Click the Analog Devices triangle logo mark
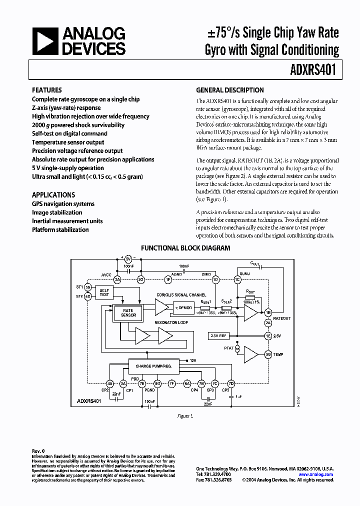point(44,41)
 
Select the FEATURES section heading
point(47,90)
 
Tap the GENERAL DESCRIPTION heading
point(229,90)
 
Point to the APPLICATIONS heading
point(53,195)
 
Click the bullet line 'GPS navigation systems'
point(63,204)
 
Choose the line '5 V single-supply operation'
point(68,168)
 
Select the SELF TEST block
point(104,292)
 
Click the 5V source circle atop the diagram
point(128,259)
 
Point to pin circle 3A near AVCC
point(118,279)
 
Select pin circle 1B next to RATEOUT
point(268,313)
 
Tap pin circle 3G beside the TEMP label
point(268,354)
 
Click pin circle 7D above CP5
point(230,383)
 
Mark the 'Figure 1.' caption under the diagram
point(184,416)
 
